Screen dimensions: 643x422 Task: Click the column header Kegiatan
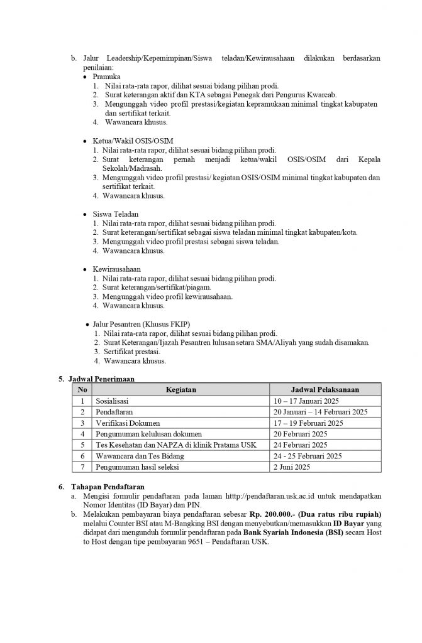(180, 389)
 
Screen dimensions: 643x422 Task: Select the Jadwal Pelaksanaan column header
(325, 389)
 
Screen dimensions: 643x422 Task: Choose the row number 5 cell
(82, 445)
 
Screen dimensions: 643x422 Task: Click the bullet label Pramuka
(106, 76)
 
